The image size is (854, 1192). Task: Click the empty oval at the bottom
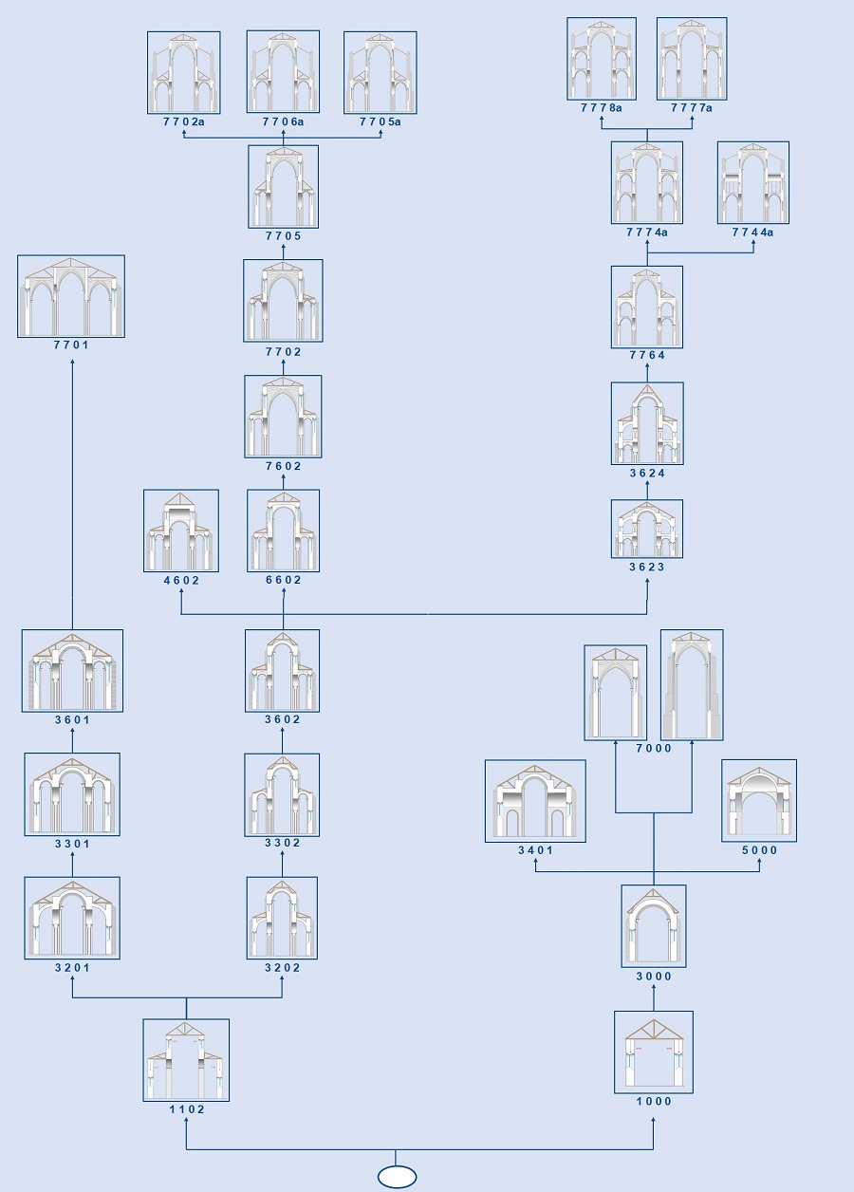tap(397, 1177)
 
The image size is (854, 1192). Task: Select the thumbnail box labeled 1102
tap(186, 1060)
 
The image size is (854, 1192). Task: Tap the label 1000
tap(654, 1101)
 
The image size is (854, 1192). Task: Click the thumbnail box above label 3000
tap(654, 926)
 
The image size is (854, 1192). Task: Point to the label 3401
tap(535, 850)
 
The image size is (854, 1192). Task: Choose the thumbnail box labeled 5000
tap(759, 801)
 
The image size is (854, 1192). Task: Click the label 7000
tap(654, 748)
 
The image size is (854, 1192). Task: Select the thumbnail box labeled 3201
tap(72, 919)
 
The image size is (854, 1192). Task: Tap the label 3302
tap(283, 843)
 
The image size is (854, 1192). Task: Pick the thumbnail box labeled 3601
tap(72, 671)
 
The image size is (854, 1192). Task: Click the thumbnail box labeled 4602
tap(181, 531)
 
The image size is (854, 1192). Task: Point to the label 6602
tap(283, 580)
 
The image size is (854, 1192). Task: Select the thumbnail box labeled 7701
tap(71, 296)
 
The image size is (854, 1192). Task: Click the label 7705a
tap(380, 121)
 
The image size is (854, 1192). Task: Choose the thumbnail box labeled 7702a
tap(183, 73)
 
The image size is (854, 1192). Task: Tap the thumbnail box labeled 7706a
tap(283, 72)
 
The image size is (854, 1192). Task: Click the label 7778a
tap(602, 108)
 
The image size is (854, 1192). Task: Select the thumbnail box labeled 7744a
tap(753, 183)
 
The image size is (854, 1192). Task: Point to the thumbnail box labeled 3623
tap(647, 529)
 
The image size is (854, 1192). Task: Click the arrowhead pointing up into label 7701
tap(72, 363)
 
